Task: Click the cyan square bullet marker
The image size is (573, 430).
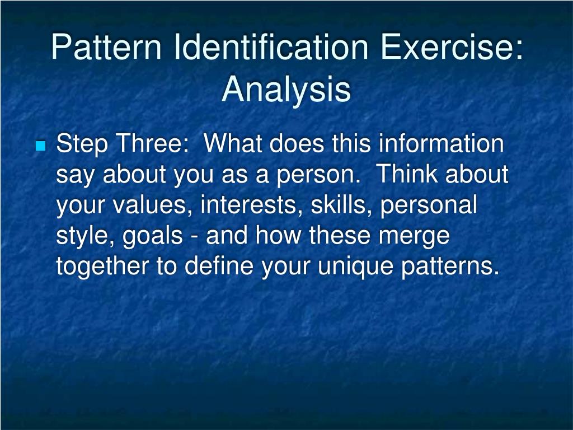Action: tap(40, 147)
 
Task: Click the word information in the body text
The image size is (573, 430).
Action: tap(442, 144)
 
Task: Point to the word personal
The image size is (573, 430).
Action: tap(429, 206)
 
